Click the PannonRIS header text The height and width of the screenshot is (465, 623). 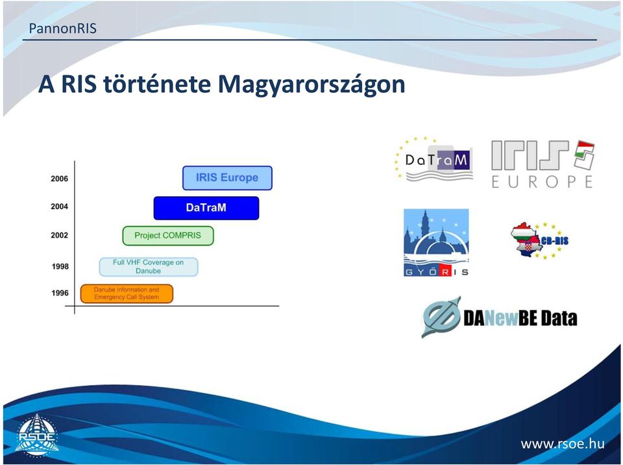point(63,29)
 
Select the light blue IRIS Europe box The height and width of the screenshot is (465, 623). point(227,178)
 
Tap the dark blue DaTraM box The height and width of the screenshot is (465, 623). point(206,208)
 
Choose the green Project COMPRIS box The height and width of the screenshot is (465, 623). point(168,236)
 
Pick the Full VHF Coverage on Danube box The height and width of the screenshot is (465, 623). point(148,266)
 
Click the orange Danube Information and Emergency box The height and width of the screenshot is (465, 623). point(127,294)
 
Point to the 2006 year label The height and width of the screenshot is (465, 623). point(59,179)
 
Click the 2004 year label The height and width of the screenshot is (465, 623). point(59,207)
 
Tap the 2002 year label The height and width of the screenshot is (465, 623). point(59,235)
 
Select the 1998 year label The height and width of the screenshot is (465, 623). point(60,266)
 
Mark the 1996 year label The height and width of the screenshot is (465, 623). point(60,293)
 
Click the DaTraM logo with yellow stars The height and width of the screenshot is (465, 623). point(434,158)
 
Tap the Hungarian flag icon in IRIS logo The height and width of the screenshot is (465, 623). point(585,155)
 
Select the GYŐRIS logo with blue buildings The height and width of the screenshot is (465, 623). point(436,243)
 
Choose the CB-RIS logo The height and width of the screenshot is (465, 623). point(539,240)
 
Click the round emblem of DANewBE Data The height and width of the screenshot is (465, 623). point(441,317)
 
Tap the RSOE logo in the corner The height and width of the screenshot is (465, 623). point(37,435)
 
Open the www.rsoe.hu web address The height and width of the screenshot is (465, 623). point(562,444)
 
